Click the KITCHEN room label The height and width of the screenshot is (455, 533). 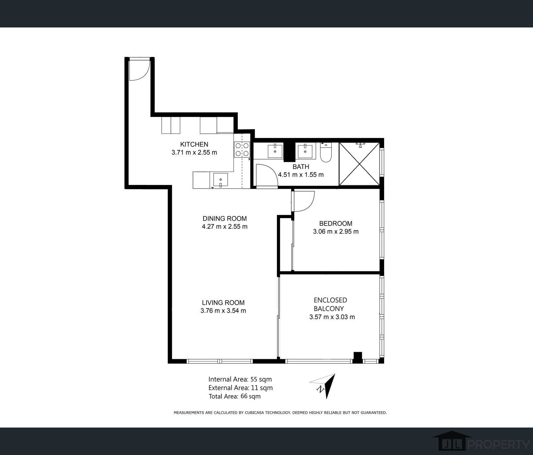[194, 144]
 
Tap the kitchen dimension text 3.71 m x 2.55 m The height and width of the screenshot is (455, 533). [194, 152]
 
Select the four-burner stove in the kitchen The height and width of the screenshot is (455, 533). [242, 149]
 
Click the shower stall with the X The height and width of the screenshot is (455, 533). [360, 164]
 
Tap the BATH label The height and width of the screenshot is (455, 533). [301, 167]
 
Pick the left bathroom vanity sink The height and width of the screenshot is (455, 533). [275, 151]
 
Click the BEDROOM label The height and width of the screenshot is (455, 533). [336, 224]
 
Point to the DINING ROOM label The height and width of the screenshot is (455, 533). [225, 218]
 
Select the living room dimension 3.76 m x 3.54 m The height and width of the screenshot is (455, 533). [223, 311]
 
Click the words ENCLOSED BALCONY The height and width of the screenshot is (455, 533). [330, 304]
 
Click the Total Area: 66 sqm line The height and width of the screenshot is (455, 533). [234, 396]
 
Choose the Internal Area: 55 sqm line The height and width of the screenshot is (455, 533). [240, 379]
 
